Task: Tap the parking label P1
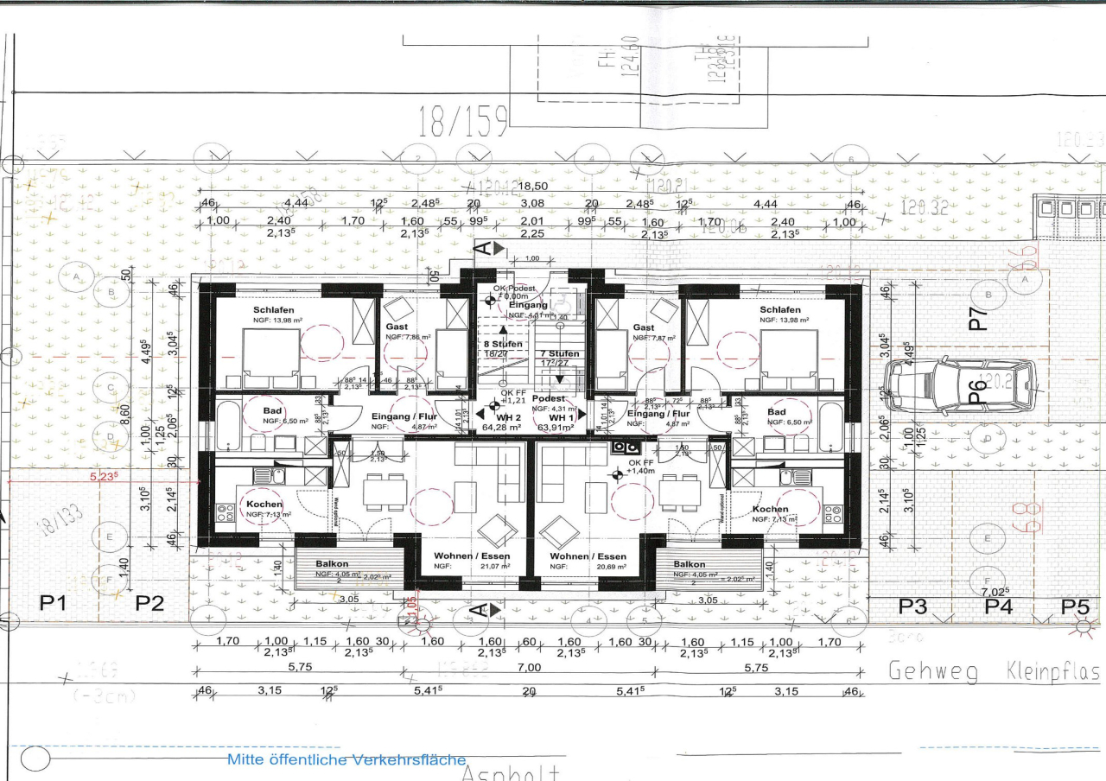click(x=54, y=603)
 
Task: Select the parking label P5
click(x=1075, y=606)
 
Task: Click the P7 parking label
click(x=977, y=319)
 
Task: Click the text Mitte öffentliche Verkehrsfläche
click(x=346, y=759)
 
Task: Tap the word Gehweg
click(x=933, y=671)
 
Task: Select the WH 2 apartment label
click(x=494, y=416)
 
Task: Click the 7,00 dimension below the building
click(x=529, y=668)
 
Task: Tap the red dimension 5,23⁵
click(x=104, y=474)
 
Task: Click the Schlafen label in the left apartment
click(x=273, y=309)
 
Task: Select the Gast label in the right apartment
click(x=643, y=327)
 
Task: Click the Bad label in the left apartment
click(x=274, y=411)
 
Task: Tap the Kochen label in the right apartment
click(x=769, y=509)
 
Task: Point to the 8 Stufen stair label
click(x=502, y=344)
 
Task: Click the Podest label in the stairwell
click(x=548, y=398)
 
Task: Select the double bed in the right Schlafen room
click(x=789, y=359)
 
